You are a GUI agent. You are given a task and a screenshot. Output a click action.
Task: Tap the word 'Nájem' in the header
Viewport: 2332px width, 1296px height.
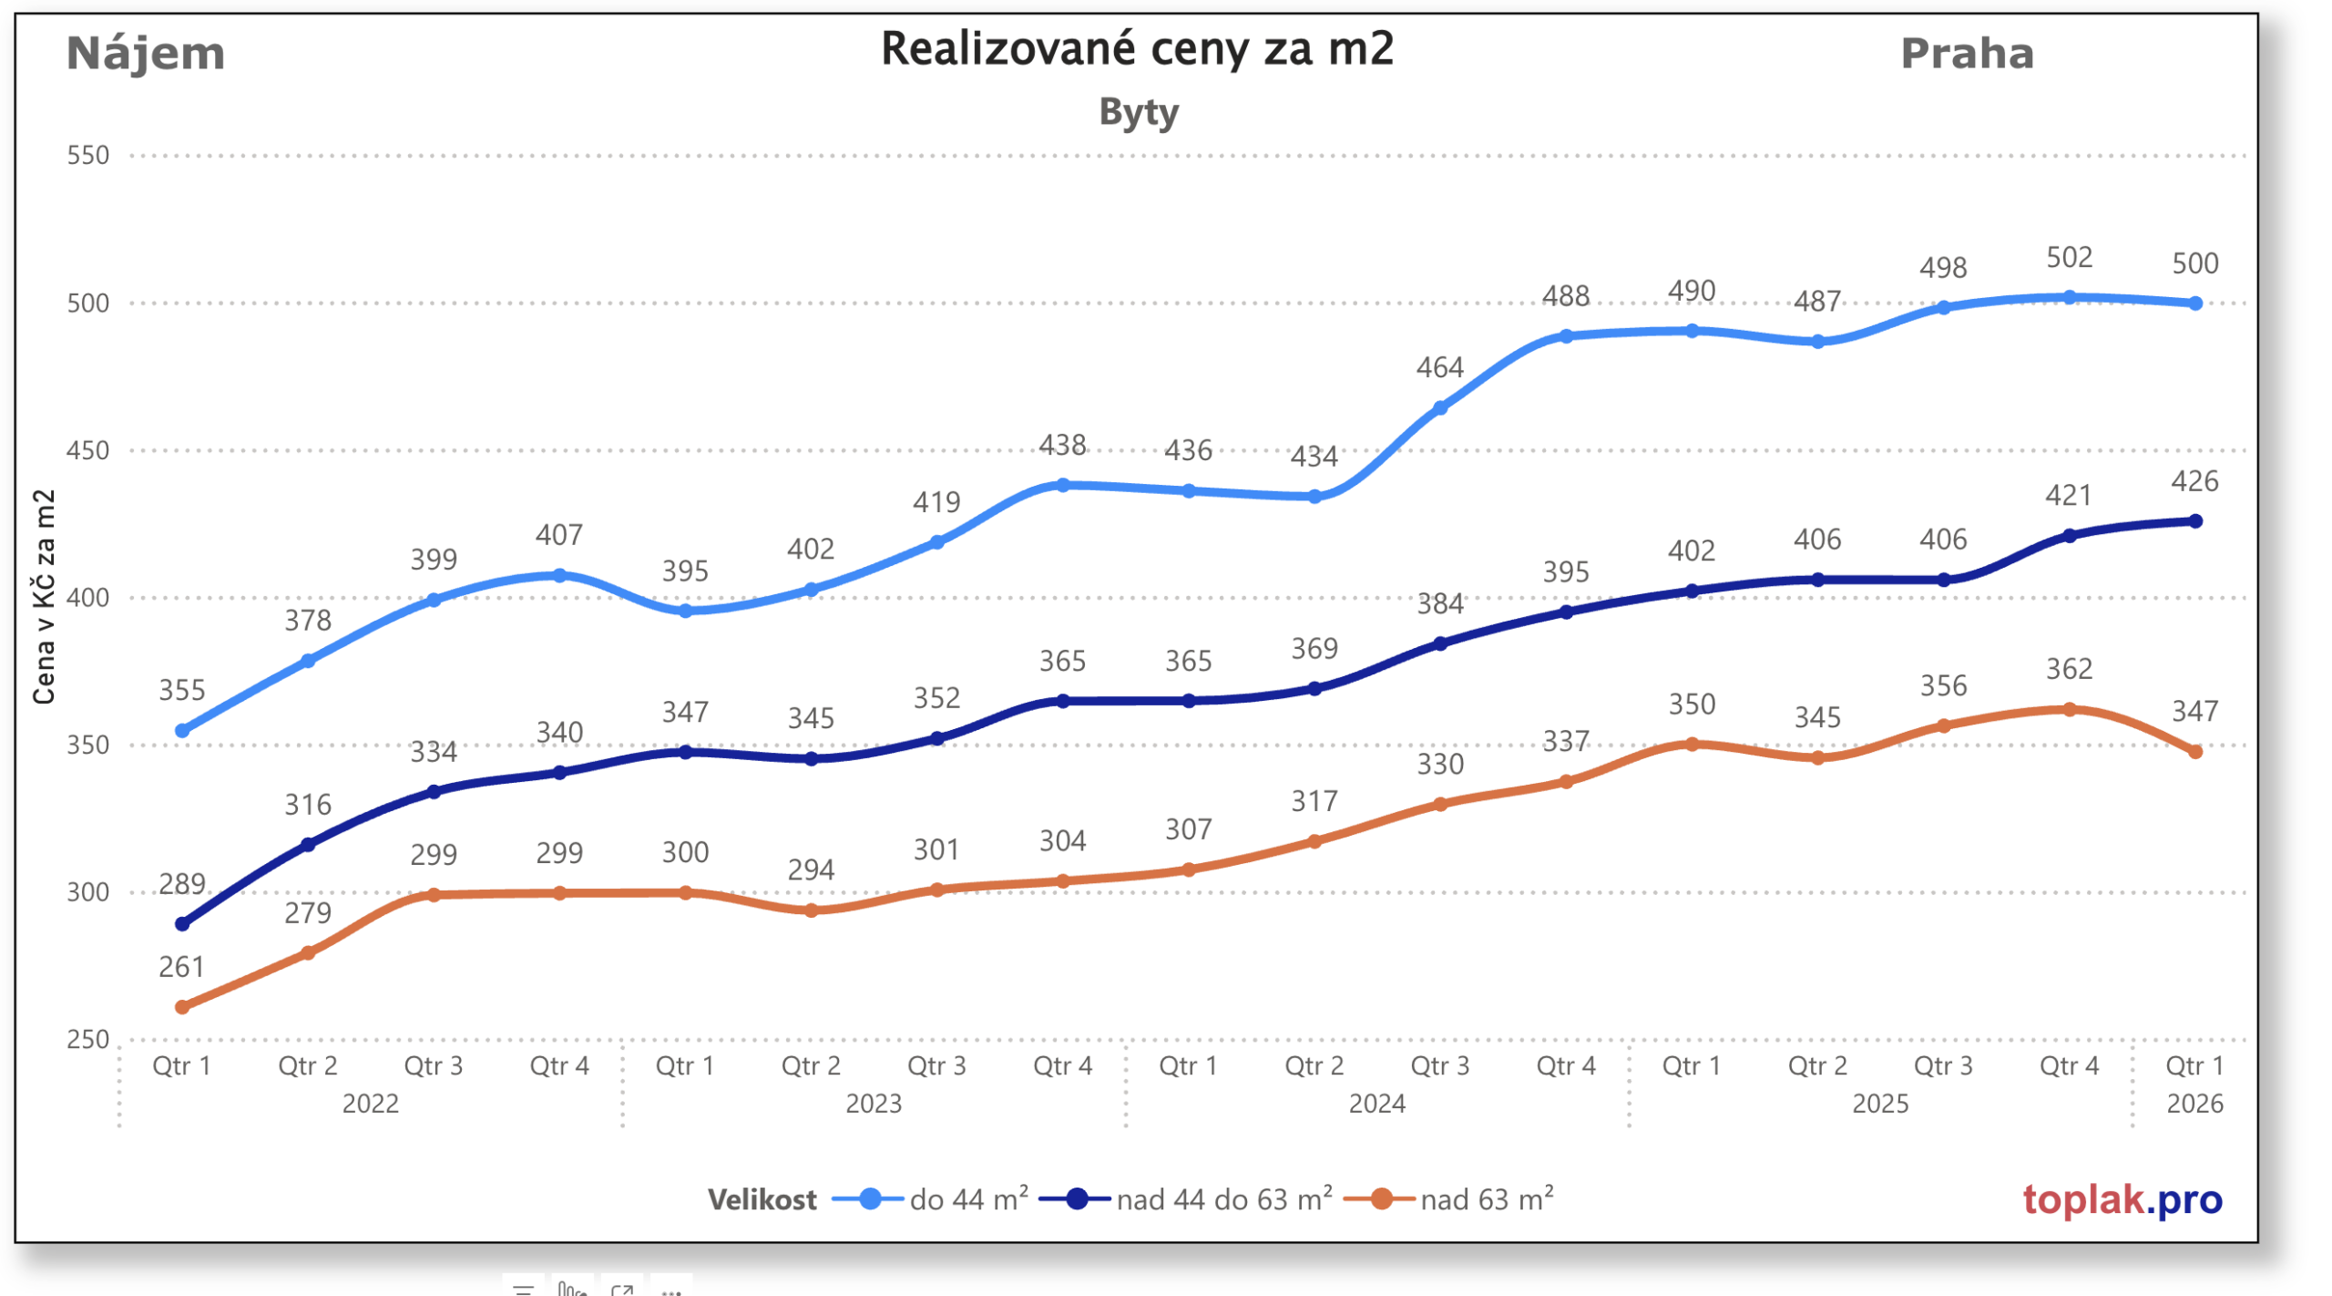click(146, 53)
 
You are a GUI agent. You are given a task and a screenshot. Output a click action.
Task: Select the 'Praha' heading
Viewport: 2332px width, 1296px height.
click(1966, 53)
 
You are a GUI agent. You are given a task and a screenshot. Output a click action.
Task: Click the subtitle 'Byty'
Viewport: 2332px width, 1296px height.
click(1138, 112)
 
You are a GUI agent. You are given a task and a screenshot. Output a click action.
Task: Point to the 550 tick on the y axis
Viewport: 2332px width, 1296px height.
click(87, 155)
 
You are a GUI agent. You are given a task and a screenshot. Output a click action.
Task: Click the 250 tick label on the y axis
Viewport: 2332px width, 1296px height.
click(87, 1039)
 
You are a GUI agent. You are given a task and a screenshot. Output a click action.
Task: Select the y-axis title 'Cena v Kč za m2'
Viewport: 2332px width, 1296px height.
click(44, 597)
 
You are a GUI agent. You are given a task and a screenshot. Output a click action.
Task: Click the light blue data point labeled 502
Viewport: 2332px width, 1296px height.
click(2069, 297)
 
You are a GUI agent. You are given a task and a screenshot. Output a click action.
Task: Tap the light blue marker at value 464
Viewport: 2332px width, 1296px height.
click(1440, 408)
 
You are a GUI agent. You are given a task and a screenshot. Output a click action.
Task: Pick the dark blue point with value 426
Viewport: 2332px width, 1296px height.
click(2194, 521)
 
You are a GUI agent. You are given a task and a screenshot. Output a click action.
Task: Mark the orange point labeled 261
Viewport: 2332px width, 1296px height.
click(182, 1007)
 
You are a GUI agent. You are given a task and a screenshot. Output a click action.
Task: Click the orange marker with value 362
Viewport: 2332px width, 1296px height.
click(2069, 709)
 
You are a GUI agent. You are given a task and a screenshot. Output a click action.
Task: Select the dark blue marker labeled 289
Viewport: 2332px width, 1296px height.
click(182, 924)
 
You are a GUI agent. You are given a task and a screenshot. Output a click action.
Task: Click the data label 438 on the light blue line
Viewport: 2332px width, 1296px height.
click(1062, 445)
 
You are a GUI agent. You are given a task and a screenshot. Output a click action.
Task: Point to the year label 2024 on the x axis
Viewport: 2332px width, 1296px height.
click(1376, 1104)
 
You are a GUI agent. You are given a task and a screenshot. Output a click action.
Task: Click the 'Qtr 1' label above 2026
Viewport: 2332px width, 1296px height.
click(2194, 1065)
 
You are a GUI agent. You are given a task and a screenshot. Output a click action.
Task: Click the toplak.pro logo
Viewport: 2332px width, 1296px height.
click(2122, 1199)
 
